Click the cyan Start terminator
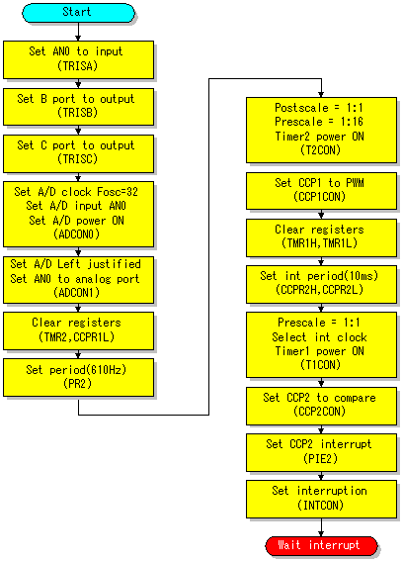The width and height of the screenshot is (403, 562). click(x=78, y=13)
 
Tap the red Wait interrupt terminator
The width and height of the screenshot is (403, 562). click(x=321, y=546)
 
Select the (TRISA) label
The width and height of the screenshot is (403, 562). click(x=77, y=66)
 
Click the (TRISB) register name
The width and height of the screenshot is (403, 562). click(x=77, y=113)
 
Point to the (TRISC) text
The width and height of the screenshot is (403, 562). click(x=77, y=158)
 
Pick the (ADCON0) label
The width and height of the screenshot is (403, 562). click(x=77, y=234)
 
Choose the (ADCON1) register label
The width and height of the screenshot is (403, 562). click(x=77, y=293)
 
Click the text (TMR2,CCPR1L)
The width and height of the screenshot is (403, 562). click(x=77, y=337)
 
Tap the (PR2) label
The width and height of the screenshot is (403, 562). click(x=77, y=384)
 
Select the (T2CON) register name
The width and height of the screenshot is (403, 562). click(x=320, y=149)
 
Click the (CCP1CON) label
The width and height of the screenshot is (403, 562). click(x=320, y=197)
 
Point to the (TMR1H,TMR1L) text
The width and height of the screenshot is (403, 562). click(x=320, y=243)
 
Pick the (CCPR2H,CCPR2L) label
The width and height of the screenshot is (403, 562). click(x=320, y=290)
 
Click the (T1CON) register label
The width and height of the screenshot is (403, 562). click(x=320, y=365)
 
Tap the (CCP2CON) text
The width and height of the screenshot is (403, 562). click(x=320, y=411)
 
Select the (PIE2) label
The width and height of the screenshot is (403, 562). click(x=320, y=458)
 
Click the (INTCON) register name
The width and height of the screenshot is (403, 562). click(x=320, y=505)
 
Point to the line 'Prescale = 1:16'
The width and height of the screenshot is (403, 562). click(x=319, y=122)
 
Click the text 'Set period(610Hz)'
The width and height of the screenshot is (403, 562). click(x=76, y=369)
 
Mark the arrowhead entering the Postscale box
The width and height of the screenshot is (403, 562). click(x=321, y=95)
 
